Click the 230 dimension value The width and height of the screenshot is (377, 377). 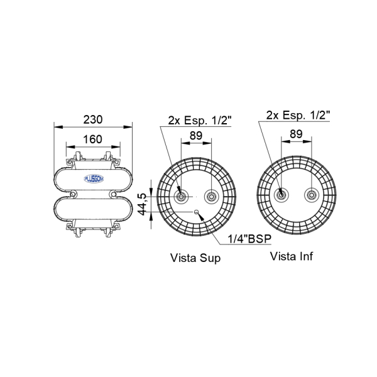click(93, 119)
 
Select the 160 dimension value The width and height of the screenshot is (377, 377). click(92, 139)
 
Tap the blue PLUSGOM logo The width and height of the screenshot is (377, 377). click(94, 178)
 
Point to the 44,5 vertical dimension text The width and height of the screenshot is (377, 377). click(143, 204)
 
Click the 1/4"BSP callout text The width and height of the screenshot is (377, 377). click(249, 239)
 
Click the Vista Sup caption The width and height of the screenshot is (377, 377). click(195, 258)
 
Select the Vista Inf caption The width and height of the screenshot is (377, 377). click(292, 256)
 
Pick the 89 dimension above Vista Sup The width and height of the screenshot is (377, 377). click(196, 136)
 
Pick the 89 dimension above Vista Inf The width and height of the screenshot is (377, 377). click(296, 134)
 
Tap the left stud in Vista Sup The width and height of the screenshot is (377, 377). click(181, 197)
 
